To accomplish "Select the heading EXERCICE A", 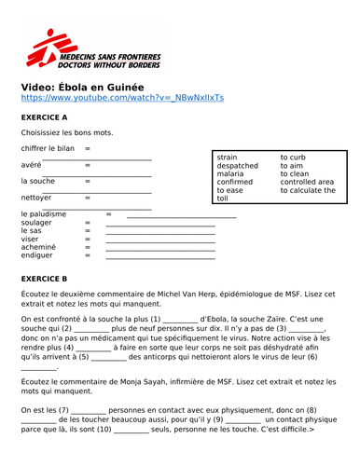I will [44, 117].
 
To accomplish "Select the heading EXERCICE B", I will [44, 279].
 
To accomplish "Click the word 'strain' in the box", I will [227, 158].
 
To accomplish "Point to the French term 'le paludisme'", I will [44, 213].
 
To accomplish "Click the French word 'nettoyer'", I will [36, 198].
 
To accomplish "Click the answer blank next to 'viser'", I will [159, 241].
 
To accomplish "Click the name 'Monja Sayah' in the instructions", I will [147, 381].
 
